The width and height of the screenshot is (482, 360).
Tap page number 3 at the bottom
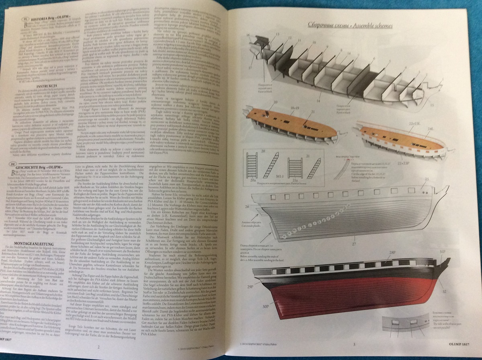click(354, 344)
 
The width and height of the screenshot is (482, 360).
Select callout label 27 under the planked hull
click(343, 244)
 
